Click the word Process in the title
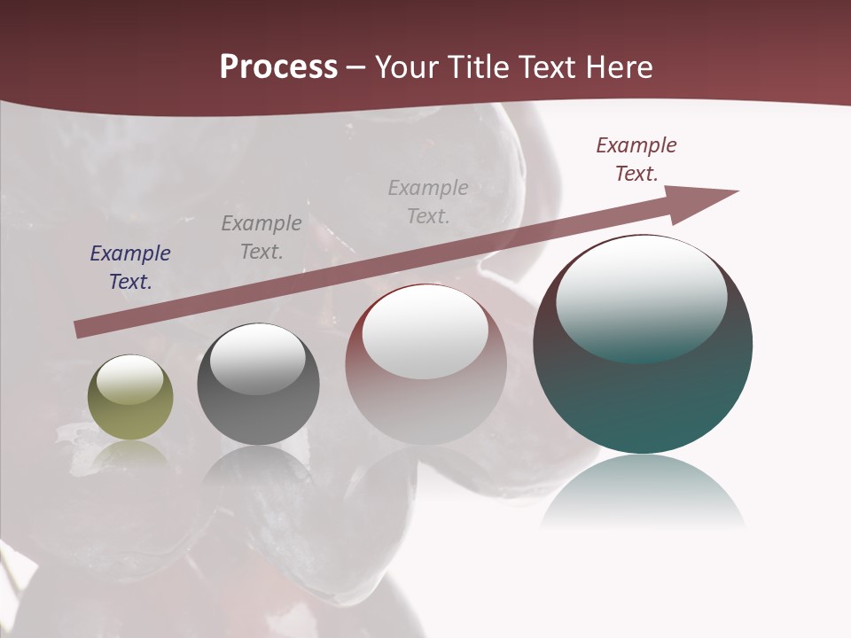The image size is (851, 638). click(x=278, y=67)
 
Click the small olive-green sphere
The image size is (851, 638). click(x=130, y=398)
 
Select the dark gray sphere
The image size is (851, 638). click(x=258, y=385)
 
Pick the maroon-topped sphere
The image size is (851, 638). click(x=425, y=364)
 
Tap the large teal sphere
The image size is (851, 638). click(x=643, y=354)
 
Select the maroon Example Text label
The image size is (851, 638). click(x=636, y=159)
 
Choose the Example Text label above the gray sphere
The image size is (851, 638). click(x=262, y=237)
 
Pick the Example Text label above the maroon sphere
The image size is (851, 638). click(x=428, y=202)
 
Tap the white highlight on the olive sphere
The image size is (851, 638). click(x=129, y=379)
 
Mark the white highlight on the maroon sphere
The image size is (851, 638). click(x=425, y=330)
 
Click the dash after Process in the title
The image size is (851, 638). click(x=356, y=67)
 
